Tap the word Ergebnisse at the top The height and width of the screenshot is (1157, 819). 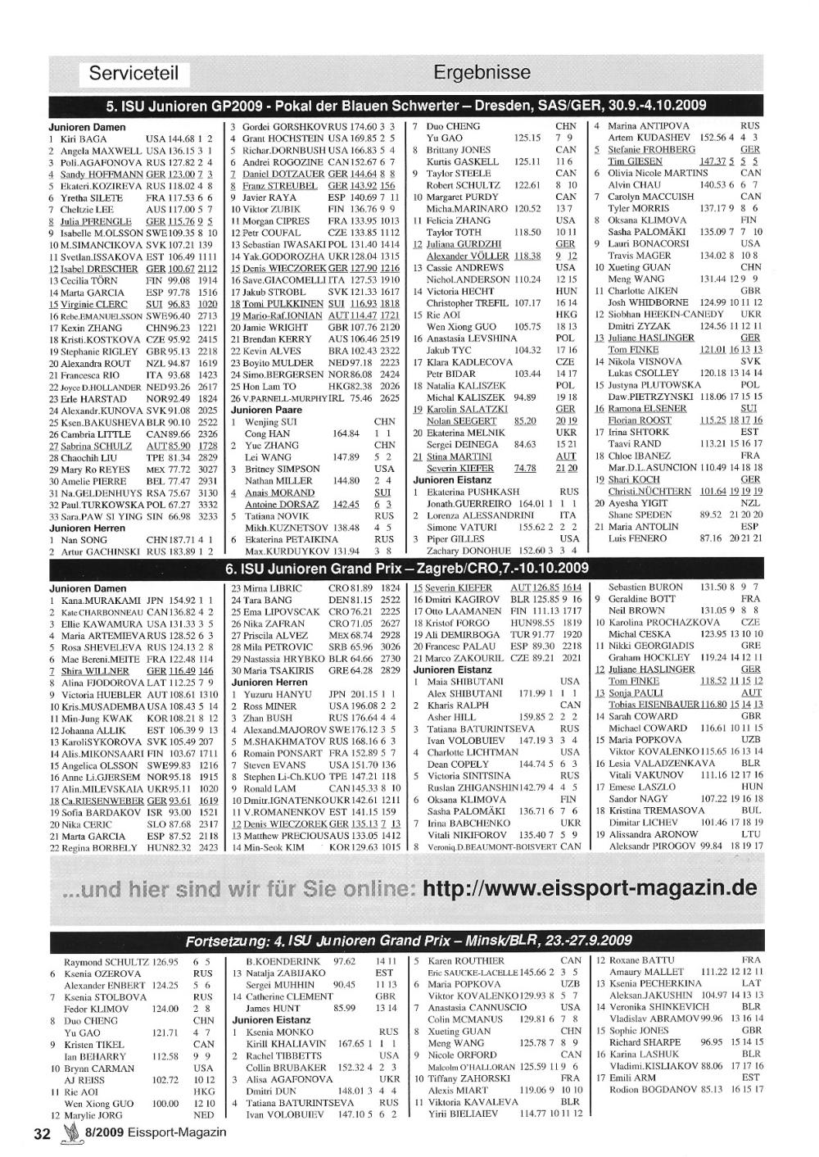(482, 72)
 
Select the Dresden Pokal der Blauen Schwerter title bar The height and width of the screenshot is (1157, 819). (406, 106)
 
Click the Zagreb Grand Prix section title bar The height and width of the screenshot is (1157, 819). (406, 568)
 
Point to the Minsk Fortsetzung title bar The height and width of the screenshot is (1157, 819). (408, 940)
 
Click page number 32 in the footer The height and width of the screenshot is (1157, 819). (42, 1133)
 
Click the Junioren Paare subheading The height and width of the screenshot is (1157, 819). (266, 410)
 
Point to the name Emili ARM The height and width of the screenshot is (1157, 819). (632, 1078)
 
